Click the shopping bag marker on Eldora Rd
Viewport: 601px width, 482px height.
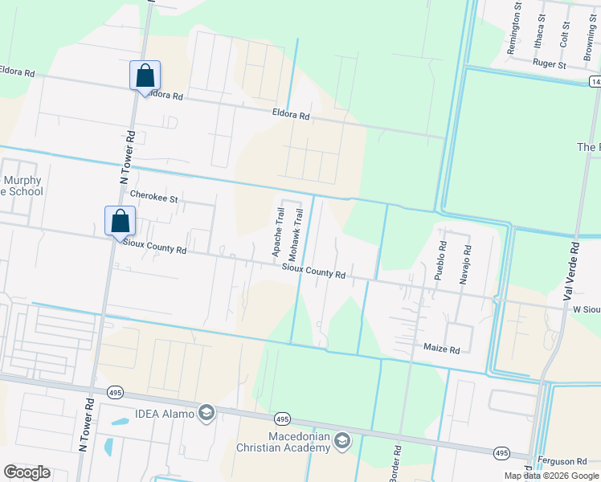pyautogui.click(x=145, y=76)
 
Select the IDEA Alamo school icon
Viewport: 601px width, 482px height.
pyautogui.click(x=206, y=413)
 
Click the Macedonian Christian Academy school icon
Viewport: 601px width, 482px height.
pyautogui.click(x=342, y=440)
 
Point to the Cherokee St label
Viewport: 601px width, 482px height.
pyautogui.click(x=153, y=196)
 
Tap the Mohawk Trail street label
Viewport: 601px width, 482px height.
pyautogui.click(x=296, y=233)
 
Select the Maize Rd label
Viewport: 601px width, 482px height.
pyautogui.click(x=441, y=349)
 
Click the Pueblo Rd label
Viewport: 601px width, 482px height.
pyautogui.click(x=440, y=259)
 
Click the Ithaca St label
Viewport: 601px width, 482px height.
pyautogui.click(x=541, y=31)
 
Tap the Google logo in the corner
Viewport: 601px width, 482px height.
pyautogui.click(x=27, y=472)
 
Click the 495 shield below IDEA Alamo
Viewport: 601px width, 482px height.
pyautogui.click(x=281, y=419)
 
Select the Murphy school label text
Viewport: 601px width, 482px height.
pyautogui.click(x=22, y=186)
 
